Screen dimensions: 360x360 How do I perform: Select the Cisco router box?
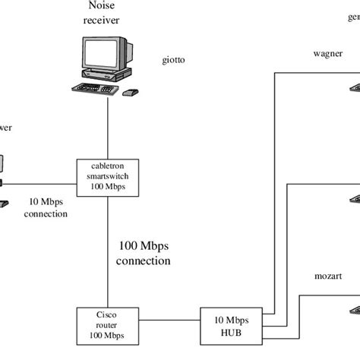click(106, 324)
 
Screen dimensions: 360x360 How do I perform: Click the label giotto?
click(173, 59)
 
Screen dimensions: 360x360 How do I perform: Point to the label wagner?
click(328, 54)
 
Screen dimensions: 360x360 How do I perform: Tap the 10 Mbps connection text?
click(48, 208)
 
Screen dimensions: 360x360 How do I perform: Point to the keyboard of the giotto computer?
click(95, 90)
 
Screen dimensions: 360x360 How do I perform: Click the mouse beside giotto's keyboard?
click(131, 92)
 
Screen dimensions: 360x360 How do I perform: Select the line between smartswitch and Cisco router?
click(106, 251)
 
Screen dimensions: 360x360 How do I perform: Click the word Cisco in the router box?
click(106, 314)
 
